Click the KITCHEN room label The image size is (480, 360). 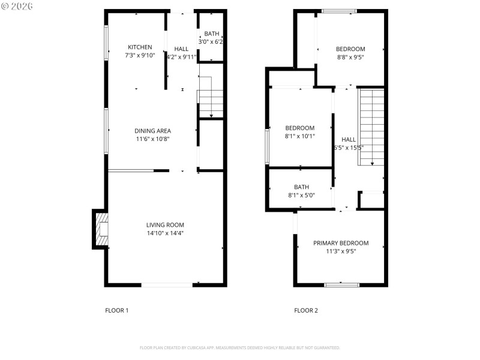point(140,47)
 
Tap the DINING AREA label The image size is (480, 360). point(152,131)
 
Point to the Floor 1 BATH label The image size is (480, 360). point(211,34)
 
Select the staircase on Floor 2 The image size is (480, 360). point(371,127)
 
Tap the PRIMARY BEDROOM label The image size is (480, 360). point(341,243)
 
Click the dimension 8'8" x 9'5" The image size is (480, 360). point(350,57)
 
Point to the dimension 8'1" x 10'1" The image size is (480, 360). point(299,136)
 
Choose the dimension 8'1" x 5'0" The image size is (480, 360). point(301,195)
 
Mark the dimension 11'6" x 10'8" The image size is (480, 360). point(152,139)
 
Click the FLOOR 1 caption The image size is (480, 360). point(117,310)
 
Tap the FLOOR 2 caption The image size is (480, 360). point(306,310)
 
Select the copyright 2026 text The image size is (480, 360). point(17,6)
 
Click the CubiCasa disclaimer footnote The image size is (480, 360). point(240,347)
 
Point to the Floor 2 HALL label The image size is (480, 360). point(349,139)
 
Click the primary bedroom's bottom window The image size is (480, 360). point(341,284)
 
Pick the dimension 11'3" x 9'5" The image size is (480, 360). point(341,251)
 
